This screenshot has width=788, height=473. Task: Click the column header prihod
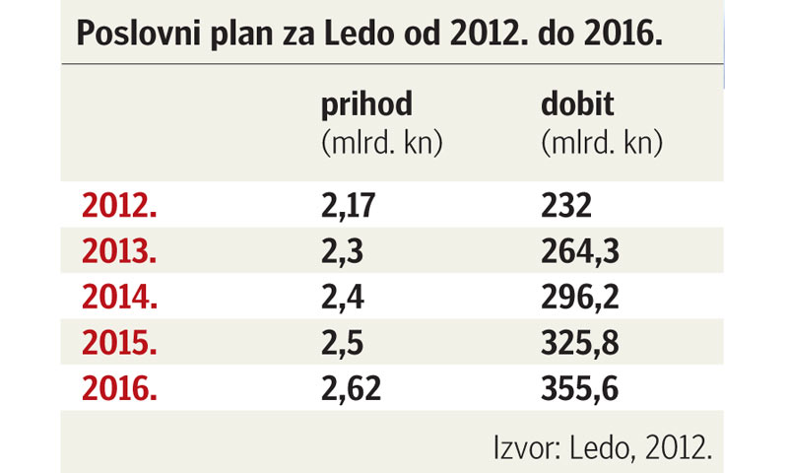pos(366,105)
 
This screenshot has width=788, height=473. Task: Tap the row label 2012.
pos(118,206)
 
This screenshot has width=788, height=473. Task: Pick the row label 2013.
pos(118,251)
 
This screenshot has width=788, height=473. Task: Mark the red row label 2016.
pos(118,386)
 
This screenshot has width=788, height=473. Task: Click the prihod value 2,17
pos(350,206)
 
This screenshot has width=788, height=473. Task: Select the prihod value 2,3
pos(342,251)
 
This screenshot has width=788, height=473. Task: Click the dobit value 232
pos(566,206)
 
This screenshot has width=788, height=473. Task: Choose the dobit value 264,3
pos(580,251)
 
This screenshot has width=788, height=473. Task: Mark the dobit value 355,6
pos(580,386)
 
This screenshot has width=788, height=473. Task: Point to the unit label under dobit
pos(601,143)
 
